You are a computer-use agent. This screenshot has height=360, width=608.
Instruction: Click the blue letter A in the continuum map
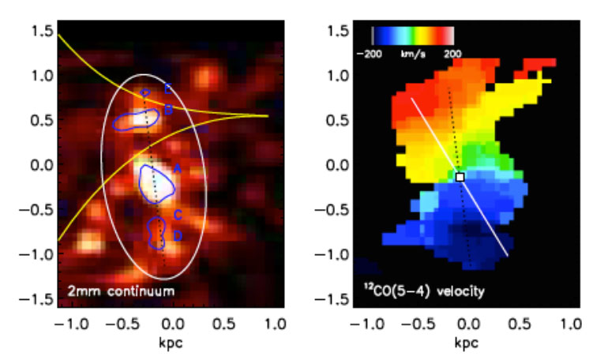point(178,168)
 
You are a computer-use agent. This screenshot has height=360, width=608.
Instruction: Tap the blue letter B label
point(167,111)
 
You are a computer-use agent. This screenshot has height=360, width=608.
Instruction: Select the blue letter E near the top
point(167,88)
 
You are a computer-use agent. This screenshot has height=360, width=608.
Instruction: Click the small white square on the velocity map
point(460,177)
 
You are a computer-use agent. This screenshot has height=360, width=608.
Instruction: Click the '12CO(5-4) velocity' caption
point(418,291)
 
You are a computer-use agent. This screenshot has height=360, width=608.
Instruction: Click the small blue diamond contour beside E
point(145,93)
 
